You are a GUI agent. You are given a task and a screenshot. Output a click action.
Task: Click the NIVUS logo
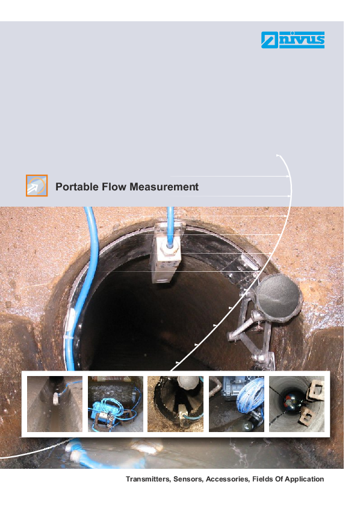pos(293,40)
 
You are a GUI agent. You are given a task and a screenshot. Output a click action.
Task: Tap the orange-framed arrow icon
pos(37,186)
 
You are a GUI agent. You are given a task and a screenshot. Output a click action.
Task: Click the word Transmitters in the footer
pos(148,479)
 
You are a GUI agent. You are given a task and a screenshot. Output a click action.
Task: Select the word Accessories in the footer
pos(228,479)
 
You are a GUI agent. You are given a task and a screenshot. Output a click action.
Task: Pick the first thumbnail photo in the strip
pos(55,404)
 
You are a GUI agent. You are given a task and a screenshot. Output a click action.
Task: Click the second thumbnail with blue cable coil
pos(116,404)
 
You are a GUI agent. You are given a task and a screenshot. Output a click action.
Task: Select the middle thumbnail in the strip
pos(175,404)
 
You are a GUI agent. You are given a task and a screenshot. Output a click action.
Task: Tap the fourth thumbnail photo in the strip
pos(237,404)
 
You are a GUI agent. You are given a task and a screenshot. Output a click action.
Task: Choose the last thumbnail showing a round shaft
pos(297,404)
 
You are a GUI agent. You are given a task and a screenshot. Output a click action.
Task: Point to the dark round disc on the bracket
pos(279,298)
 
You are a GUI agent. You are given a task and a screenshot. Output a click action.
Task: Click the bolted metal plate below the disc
pos(262,360)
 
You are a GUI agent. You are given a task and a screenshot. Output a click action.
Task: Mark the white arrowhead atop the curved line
pos(278,156)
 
